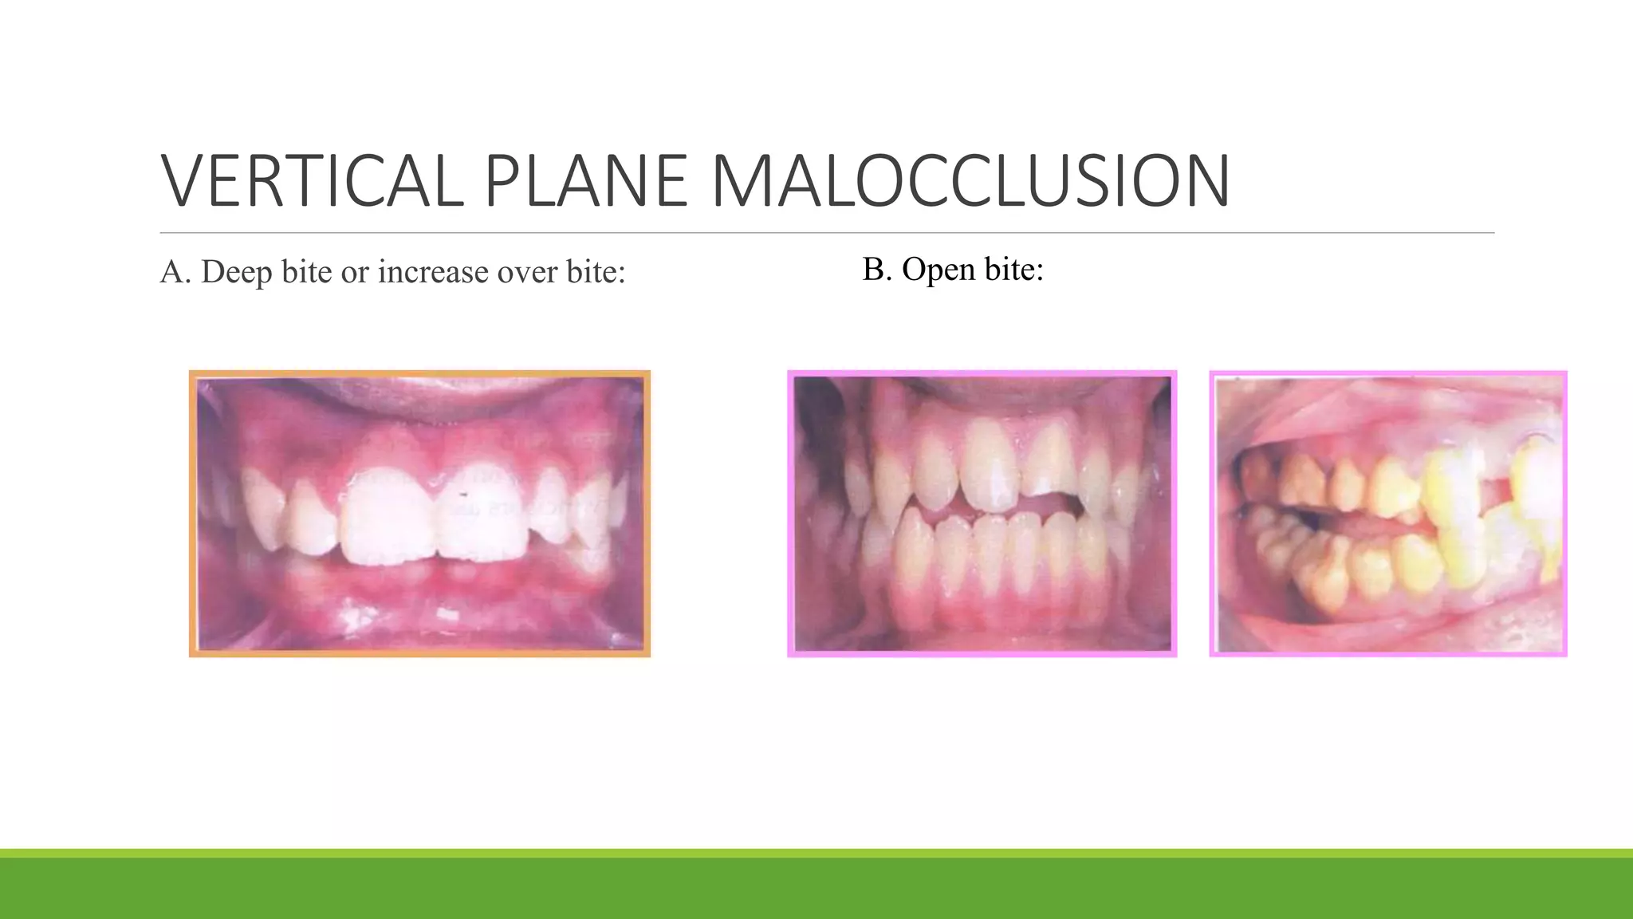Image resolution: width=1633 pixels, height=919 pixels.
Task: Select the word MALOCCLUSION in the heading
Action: (970, 182)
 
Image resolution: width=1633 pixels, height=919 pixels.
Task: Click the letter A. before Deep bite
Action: (175, 272)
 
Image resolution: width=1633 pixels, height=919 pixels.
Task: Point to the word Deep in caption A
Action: (237, 272)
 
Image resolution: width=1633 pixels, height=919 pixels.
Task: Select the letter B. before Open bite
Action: (877, 270)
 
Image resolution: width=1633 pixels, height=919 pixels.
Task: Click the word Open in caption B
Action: (938, 270)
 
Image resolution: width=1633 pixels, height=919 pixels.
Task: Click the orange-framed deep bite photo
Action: (419, 514)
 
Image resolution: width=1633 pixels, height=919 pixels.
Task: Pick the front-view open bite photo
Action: (982, 514)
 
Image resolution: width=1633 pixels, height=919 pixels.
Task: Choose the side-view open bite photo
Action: (1387, 514)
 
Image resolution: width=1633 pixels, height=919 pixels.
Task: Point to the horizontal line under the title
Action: (827, 233)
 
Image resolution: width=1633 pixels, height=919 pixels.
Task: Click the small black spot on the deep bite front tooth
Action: (462, 495)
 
